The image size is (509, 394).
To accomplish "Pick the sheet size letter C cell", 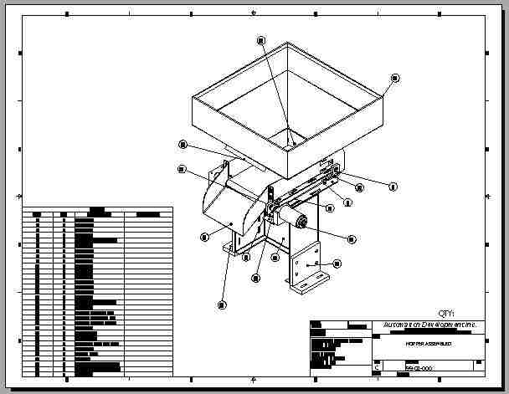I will point(378,367).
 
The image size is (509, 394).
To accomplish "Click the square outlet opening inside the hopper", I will point(288,140).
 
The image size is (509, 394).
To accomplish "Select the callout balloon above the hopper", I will point(261,39).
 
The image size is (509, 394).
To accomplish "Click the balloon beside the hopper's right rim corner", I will point(394,78).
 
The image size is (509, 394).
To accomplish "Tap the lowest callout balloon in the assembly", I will point(222,304).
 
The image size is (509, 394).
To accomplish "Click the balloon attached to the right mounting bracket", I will point(338,264).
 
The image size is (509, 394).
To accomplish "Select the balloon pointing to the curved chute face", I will point(203,237).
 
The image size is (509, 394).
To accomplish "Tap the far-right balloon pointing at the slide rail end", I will point(393,185).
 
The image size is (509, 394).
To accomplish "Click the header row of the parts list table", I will point(97,214).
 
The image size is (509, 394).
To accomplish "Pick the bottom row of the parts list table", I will point(97,371).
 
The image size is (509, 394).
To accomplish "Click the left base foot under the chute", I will point(237,249).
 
